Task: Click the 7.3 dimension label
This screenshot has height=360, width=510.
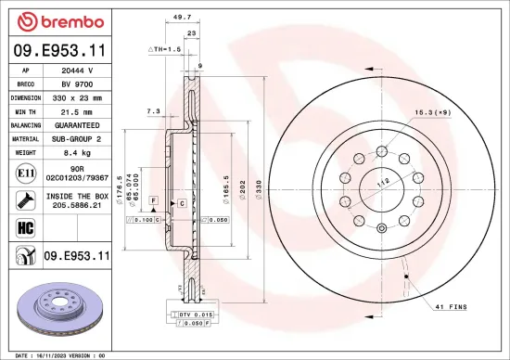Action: coord(153,112)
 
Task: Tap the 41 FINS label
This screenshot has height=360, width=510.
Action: coord(450,306)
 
